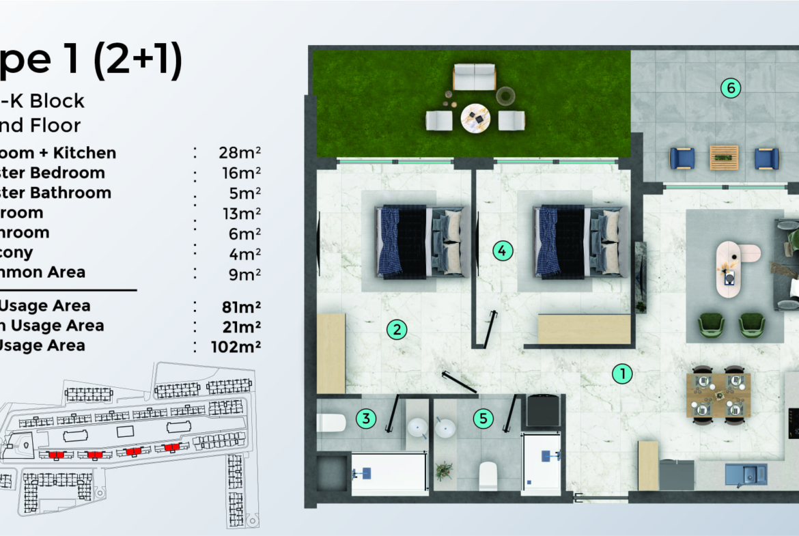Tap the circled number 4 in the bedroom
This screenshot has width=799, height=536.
503,251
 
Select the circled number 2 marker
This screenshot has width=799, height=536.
397,330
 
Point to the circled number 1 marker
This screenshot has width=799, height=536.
622,373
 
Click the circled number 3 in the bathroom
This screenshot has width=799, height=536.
367,419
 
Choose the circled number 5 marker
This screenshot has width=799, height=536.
483,419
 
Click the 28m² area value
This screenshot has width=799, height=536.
236,153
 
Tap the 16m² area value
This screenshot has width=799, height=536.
236,173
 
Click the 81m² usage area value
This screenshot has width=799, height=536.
236,306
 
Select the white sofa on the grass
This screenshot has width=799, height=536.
474,76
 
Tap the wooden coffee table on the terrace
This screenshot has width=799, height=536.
724,157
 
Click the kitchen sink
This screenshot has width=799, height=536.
746,474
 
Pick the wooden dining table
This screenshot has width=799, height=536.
718,395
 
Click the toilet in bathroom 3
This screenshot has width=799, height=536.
332,423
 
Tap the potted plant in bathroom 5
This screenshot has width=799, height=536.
444,470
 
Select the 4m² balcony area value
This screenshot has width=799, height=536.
236,253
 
